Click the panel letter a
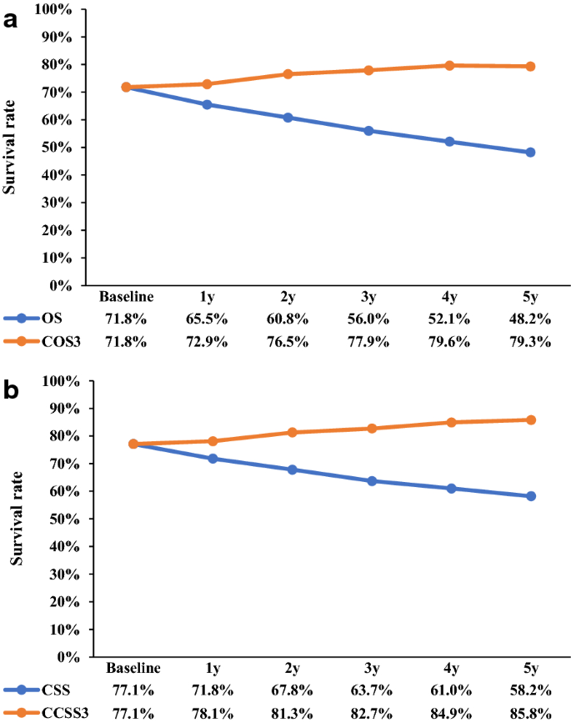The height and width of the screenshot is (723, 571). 11,20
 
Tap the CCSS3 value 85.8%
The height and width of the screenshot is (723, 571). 529,713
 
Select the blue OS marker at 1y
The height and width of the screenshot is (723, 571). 208,105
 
